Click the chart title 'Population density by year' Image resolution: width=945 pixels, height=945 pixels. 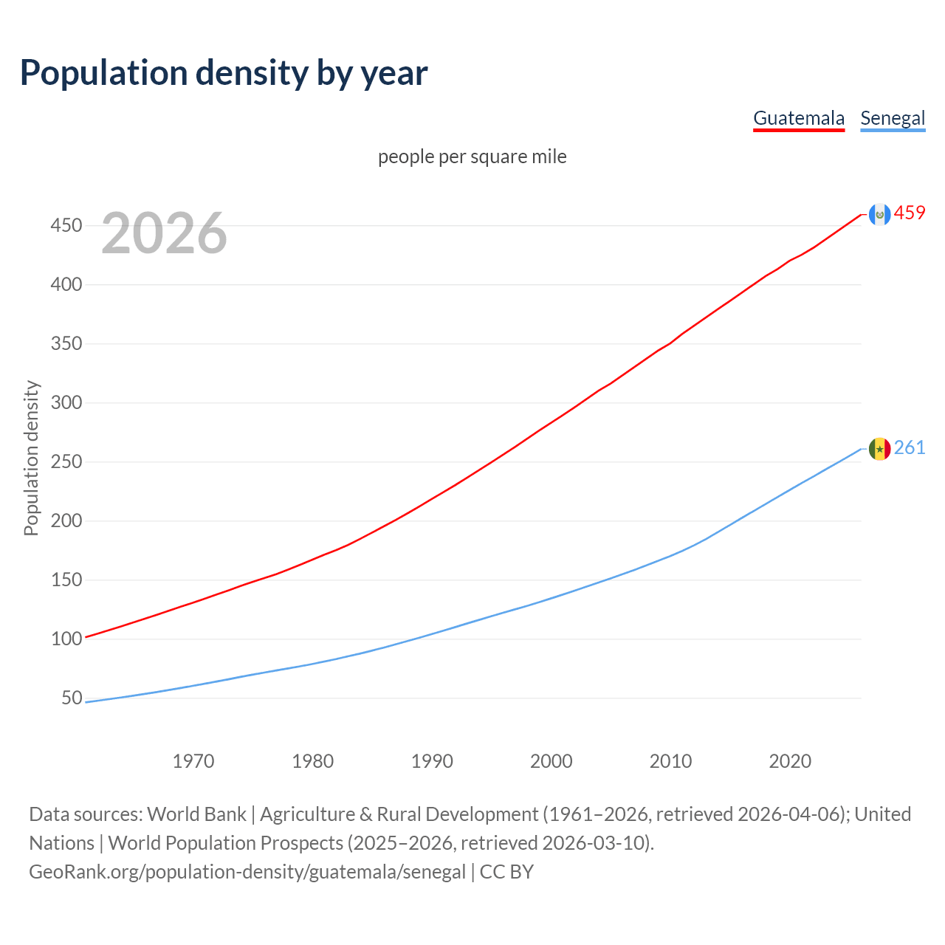click(x=224, y=73)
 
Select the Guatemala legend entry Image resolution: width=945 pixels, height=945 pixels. click(x=798, y=118)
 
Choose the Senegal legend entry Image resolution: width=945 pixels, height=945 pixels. click(x=893, y=118)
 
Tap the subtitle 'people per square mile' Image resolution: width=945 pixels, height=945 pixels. click(x=472, y=157)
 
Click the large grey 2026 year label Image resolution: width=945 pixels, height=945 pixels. click(x=164, y=233)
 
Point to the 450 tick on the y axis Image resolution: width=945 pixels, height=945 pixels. click(x=66, y=225)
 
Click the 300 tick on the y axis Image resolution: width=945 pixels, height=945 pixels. click(x=66, y=402)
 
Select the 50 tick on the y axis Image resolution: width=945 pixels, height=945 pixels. click(x=72, y=698)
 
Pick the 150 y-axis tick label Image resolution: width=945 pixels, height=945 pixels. click(x=66, y=580)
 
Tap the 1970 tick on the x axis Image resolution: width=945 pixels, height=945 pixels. click(x=193, y=761)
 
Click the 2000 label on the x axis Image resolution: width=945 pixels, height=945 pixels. click(x=551, y=761)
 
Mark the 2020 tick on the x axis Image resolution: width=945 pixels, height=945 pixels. click(x=790, y=761)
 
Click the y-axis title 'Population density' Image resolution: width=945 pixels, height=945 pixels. click(x=31, y=458)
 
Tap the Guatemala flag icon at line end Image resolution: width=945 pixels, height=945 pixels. click(x=879, y=214)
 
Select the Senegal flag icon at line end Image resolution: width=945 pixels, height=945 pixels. click(x=879, y=449)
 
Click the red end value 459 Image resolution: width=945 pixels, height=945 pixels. click(x=910, y=213)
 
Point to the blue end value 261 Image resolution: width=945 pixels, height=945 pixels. click(x=910, y=448)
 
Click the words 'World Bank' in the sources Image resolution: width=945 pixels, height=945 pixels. click(x=196, y=814)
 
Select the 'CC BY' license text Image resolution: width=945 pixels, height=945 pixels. click(x=506, y=872)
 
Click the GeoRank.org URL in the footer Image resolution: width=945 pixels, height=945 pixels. click(x=247, y=872)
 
